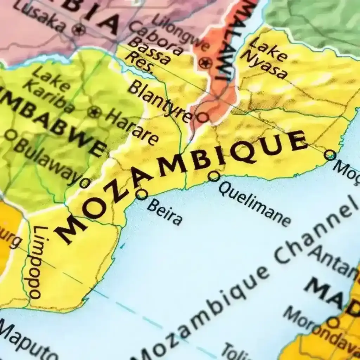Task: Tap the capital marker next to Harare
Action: pyautogui.click(x=94, y=112)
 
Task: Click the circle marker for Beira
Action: pyautogui.click(x=141, y=194)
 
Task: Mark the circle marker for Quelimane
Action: pyautogui.click(x=214, y=176)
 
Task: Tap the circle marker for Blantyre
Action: pyautogui.click(x=203, y=117)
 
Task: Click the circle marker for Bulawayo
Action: pyautogui.click(x=84, y=182)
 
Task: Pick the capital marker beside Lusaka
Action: pyautogui.click(x=78, y=29)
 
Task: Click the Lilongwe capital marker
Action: pyautogui.click(x=205, y=63)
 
